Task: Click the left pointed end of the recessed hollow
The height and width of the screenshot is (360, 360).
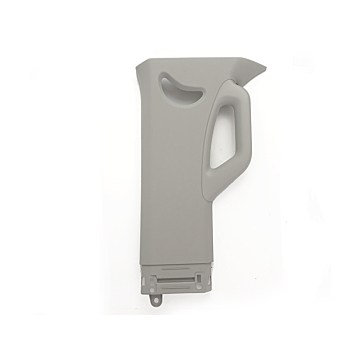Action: click(x=161, y=84)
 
